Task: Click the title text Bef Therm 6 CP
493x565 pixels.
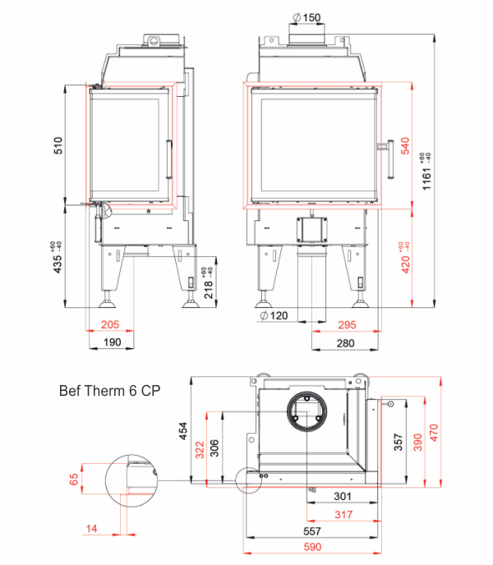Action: pyautogui.click(x=110, y=391)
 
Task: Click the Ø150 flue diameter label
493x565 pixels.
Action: pyautogui.click(x=306, y=18)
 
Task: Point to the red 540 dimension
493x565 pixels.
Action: pyautogui.click(x=404, y=145)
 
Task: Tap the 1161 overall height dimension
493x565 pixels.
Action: pyautogui.click(x=427, y=171)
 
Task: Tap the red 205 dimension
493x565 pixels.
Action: pyautogui.click(x=110, y=325)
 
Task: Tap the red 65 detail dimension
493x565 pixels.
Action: pyautogui.click(x=73, y=478)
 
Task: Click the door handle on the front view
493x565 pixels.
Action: pyautogui.click(x=385, y=159)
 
